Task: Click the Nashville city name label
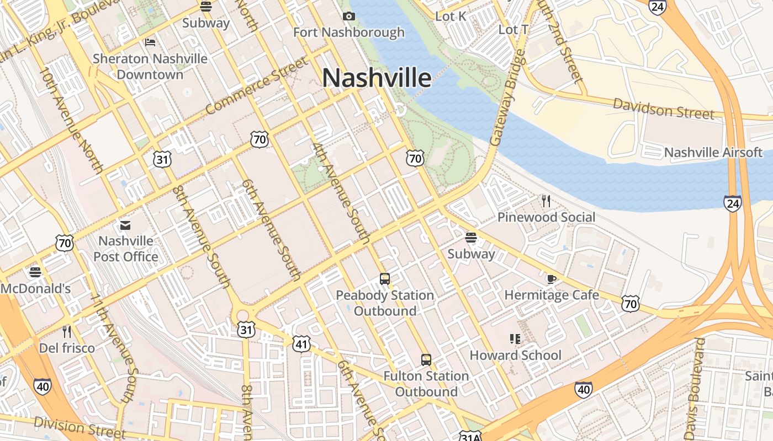[x=377, y=78]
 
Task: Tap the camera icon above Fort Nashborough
[x=349, y=16]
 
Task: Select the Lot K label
[x=451, y=17]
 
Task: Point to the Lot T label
[x=513, y=30]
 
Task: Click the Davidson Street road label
[x=664, y=109]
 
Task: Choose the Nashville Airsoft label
[x=713, y=153]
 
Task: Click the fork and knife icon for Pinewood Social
[x=546, y=201]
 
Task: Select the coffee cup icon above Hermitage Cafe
[x=551, y=278]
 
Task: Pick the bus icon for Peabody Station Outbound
[x=385, y=279]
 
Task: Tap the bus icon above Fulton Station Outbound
[x=426, y=360]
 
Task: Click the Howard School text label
[x=515, y=356]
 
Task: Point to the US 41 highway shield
[x=301, y=344]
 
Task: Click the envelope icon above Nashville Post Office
[x=125, y=225]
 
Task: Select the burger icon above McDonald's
[x=35, y=272]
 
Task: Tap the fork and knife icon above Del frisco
[x=67, y=332]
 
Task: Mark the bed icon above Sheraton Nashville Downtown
[x=150, y=42]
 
